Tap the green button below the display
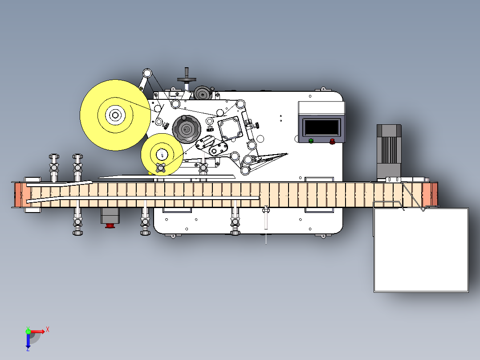311,141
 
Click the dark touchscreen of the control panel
321,127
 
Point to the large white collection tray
421,250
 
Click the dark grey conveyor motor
389,151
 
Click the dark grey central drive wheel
187,129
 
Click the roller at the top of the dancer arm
147,74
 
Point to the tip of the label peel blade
288,154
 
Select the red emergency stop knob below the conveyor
110,226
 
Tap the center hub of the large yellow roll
115,115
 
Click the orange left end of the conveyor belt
23,195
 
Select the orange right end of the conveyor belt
430,195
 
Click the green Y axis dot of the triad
28,331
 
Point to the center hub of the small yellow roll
162,154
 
